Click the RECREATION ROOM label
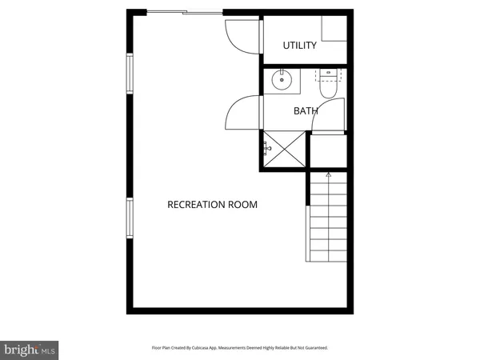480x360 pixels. [212, 205]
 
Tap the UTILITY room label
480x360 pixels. [299, 46]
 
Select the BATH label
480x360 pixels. [306, 111]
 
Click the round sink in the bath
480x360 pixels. [282, 79]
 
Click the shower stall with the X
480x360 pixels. [282, 149]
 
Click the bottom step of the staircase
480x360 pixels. [328, 255]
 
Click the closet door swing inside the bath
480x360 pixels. [334, 114]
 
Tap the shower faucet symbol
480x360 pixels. [267, 148]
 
